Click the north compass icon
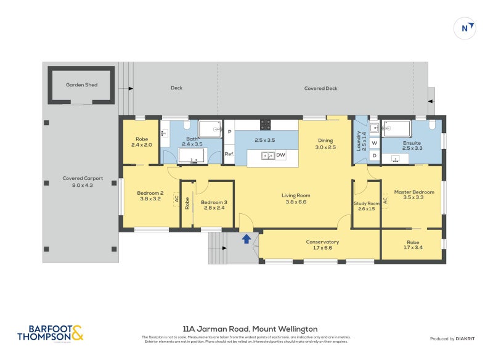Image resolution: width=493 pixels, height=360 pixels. tap(465, 28)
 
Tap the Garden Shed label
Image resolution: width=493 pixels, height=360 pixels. tap(82, 85)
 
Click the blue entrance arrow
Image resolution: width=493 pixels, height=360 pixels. tap(246, 239)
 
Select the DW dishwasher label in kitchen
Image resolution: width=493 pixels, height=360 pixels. tap(280, 155)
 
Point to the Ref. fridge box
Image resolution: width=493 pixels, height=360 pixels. tap(229, 154)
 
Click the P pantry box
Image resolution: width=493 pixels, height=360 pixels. tap(229, 131)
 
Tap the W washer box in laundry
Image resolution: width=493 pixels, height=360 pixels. tap(374, 143)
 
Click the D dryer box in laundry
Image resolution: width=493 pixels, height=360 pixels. tap(374, 156)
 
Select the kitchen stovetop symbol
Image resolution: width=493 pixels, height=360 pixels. tap(266, 125)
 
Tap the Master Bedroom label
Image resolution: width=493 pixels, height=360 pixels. tap(414, 195)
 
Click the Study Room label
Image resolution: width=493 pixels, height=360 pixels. tap(366, 206)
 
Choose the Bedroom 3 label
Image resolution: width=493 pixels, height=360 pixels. tap(214, 205)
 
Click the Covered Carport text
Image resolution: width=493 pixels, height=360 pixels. tap(83, 182)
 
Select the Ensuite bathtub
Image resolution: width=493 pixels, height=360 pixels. tap(397, 129)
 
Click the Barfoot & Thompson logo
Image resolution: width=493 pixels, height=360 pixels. tap(50, 333)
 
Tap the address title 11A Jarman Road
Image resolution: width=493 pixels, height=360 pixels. tap(250, 329)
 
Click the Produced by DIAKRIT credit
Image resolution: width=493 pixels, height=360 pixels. tap(455, 338)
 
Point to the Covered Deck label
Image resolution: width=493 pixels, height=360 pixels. tap(320, 88)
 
